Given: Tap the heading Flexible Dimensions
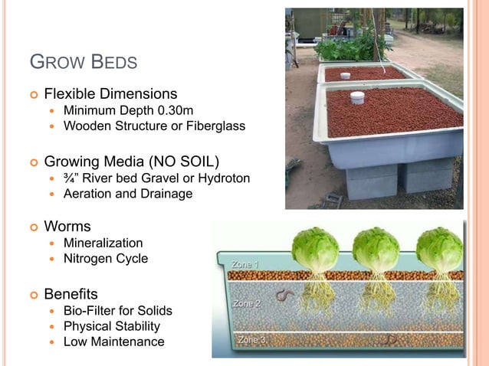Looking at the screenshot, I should tap(110, 94).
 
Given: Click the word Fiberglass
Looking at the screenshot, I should tap(215, 126).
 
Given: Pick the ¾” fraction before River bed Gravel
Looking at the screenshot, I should tap(71, 178).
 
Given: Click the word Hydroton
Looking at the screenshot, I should tap(223, 178).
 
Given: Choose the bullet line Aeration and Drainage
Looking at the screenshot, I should tap(127, 194).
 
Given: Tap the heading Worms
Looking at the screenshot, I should tap(67, 227).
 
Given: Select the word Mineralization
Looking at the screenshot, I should tap(103, 243).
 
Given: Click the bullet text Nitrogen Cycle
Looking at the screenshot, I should tap(106, 259).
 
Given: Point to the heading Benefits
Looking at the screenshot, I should tap(71, 294).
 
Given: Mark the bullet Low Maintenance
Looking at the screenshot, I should tap(113, 341).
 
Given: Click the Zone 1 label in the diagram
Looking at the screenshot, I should tap(245, 264).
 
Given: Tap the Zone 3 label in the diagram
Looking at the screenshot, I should tap(253, 339).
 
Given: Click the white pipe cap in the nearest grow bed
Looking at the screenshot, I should tap(357, 98).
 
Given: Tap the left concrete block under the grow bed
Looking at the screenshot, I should tap(372, 182).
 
